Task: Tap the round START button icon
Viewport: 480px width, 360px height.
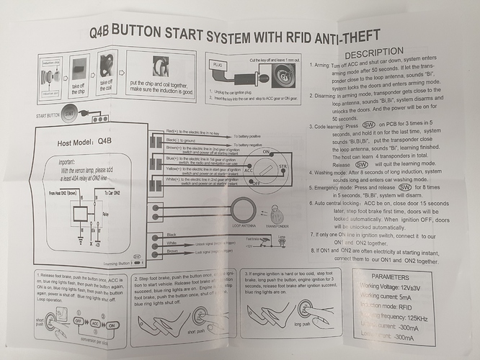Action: [x=70, y=113]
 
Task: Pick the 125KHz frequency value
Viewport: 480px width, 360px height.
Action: [x=419, y=316]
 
